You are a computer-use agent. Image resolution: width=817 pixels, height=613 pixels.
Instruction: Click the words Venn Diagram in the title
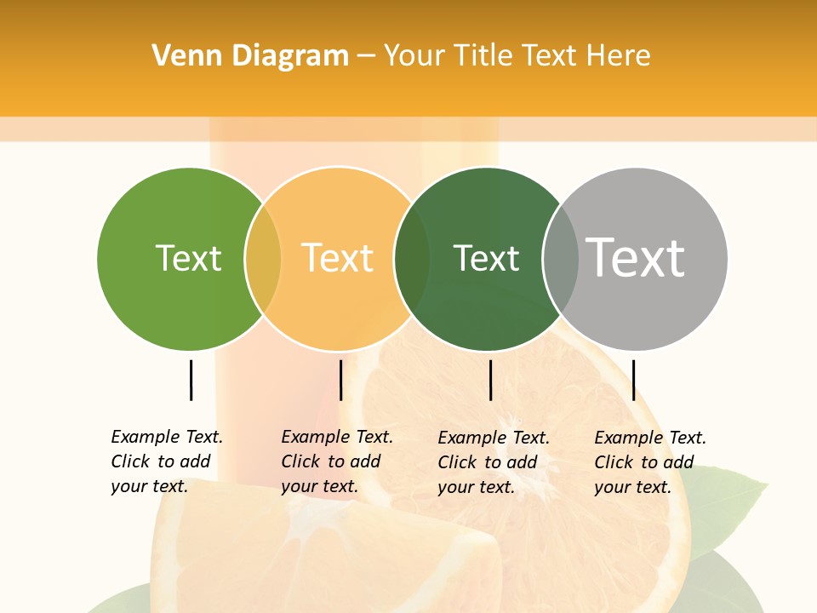point(250,56)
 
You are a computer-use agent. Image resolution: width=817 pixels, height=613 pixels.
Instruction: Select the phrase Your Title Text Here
point(517,56)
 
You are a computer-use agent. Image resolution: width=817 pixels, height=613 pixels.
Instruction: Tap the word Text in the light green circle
point(188,258)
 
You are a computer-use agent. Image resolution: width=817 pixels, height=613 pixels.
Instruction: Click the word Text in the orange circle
point(338,258)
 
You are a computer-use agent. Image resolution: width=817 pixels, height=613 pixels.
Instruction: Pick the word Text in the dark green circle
point(486,258)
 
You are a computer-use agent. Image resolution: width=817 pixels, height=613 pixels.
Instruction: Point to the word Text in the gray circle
point(637,258)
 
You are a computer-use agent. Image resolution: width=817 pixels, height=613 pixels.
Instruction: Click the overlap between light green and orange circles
point(263,259)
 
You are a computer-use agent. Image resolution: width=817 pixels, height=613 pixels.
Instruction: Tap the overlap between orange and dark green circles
point(412,259)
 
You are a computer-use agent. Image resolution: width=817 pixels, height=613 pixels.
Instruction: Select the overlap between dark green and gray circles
point(560,259)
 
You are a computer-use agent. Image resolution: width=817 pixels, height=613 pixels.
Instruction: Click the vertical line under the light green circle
point(191,380)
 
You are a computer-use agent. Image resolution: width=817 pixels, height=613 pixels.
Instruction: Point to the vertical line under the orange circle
point(340,380)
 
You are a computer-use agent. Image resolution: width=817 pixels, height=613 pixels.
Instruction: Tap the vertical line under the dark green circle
point(490,380)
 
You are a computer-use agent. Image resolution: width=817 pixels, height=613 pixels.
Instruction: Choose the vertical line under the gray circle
point(633,380)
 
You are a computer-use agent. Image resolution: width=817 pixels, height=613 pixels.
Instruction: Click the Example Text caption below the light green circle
point(167,461)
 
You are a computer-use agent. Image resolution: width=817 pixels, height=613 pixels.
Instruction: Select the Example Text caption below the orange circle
point(337,461)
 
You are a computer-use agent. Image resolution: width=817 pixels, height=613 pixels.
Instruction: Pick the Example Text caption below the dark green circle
point(494,462)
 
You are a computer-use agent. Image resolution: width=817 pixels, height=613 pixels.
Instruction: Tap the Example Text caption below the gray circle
point(650,462)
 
